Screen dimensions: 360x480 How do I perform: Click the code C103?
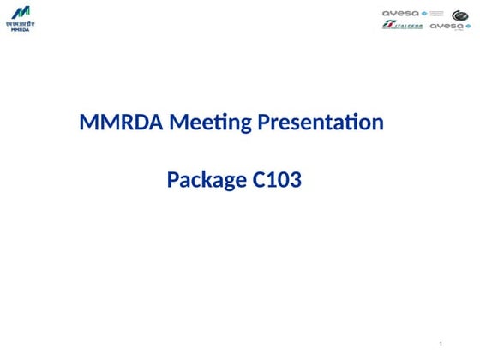point(278,181)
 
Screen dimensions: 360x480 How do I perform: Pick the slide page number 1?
point(440,344)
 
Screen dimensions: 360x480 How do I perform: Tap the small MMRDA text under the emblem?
point(20,30)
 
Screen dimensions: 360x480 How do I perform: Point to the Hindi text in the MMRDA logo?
point(20,24)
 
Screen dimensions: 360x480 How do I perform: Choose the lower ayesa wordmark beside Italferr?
point(446,26)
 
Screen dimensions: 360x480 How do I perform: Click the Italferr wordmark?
point(406,25)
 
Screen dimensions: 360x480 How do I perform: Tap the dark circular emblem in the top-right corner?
point(460,15)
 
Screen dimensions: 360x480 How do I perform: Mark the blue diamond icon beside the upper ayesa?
point(423,14)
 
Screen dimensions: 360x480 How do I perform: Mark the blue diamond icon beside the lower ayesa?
point(468,26)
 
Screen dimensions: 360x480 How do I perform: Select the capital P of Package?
point(173,181)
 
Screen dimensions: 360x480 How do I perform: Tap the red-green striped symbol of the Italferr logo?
point(387,24)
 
